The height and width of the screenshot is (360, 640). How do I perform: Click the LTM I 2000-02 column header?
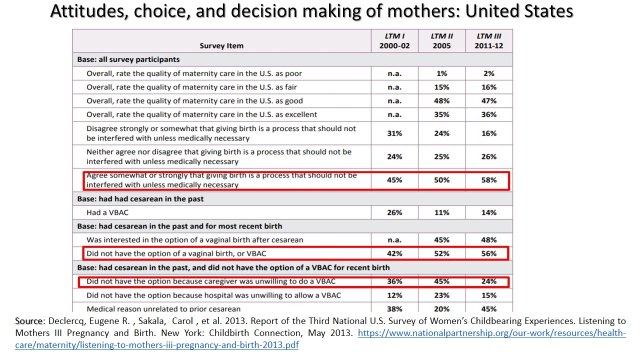pyautogui.click(x=394, y=41)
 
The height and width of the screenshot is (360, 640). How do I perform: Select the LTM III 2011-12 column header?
pyautogui.click(x=489, y=41)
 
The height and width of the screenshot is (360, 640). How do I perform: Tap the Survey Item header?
pyautogui.click(x=221, y=45)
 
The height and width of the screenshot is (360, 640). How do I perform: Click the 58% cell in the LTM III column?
pyautogui.click(x=489, y=180)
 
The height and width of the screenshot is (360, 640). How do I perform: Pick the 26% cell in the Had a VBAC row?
pyautogui.click(x=394, y=212)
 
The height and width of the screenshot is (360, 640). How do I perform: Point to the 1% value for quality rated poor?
pyautogui.click(x=441, y=73)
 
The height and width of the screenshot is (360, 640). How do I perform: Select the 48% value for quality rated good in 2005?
pyautogui.click(x=441, y=101)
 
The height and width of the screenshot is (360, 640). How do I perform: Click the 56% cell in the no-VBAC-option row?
pyautogui.click(x=489, y=253)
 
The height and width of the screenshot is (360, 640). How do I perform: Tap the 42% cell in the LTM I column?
pyautogui.click(x=394, y=253)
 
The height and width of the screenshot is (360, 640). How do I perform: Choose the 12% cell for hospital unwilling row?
pyautogui.click(x=394, y=295)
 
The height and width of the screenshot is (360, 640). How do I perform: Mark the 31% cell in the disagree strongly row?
pyautogui.click(x=394, y=133)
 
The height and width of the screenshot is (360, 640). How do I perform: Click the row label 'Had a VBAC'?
pyautogui.click(x=107, y=212)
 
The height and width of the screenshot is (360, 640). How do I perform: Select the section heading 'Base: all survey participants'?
pyautogui.click(x=128, y=59)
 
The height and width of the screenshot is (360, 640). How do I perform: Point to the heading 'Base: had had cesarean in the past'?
pyautogui.click(x=140, y=199)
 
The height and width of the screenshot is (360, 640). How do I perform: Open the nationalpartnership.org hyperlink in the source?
pyautogui.click(x=492, y=333)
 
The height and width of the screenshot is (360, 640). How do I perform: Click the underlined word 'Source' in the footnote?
pyautogui.click(x=28, y=321)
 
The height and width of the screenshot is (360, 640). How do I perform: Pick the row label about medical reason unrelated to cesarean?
pyautogui.click(x=163, y=309)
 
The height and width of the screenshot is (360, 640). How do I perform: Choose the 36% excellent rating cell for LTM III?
pyautogui.click(x=489, y=114)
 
